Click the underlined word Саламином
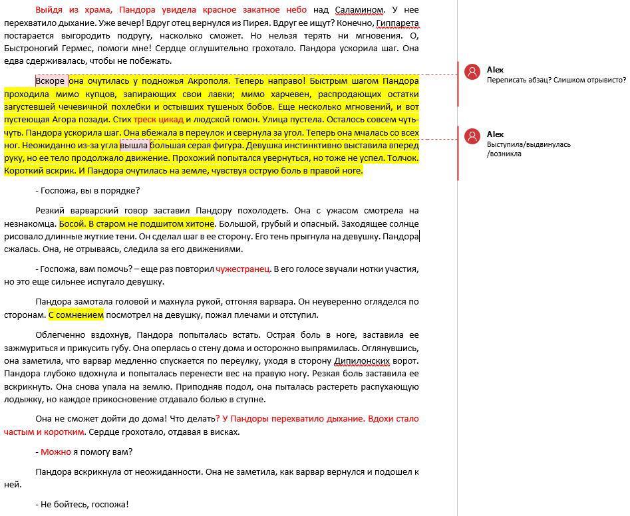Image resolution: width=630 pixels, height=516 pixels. pyautogui.click(x=359, y=10)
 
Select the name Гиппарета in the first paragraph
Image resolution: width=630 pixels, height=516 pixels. pyautogui.click(x=397, y=23)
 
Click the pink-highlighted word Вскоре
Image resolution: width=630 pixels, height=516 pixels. pyautogui.click(x=50, y=81)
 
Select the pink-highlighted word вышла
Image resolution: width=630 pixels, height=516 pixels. pyautogui.click(x=134, y=145)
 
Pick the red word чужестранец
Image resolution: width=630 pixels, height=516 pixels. pyautogui.click(x=242, y=269)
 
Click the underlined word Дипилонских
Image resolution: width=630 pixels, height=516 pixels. pyautogui.click(x=360, y=361)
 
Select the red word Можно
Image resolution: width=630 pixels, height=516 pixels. pyautogui.click(x=55, y=452)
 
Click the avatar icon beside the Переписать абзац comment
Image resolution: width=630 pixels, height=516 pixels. pyautogui.click(x=472, y=72)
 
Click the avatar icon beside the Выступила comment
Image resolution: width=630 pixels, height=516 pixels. pyautogui.click(x=472, y=136)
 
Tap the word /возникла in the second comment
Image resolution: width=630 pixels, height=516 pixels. pyautogui.click(x=504, y=154)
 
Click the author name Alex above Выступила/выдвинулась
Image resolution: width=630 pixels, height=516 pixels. pyautogui.click(x=495, y=134)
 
